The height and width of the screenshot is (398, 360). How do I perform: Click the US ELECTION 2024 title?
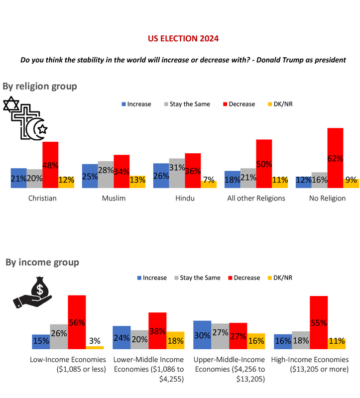[183, 38]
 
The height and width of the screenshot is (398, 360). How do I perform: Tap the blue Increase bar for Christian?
[18, 178]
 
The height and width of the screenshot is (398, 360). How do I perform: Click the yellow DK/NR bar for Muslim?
[137, 182]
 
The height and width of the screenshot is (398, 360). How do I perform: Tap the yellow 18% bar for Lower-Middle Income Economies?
[175, 340]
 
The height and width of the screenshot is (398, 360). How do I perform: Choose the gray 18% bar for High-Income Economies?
[300, 340]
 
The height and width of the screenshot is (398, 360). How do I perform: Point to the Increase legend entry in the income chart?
[151, 278]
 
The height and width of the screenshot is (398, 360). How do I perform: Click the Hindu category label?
[185, 198]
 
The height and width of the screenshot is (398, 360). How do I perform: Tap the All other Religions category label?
[256, 198]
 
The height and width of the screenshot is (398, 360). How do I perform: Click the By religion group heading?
[40, 86]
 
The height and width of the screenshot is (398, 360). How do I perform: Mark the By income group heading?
[42, 262]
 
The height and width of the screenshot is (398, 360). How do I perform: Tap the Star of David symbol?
[11, 105]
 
